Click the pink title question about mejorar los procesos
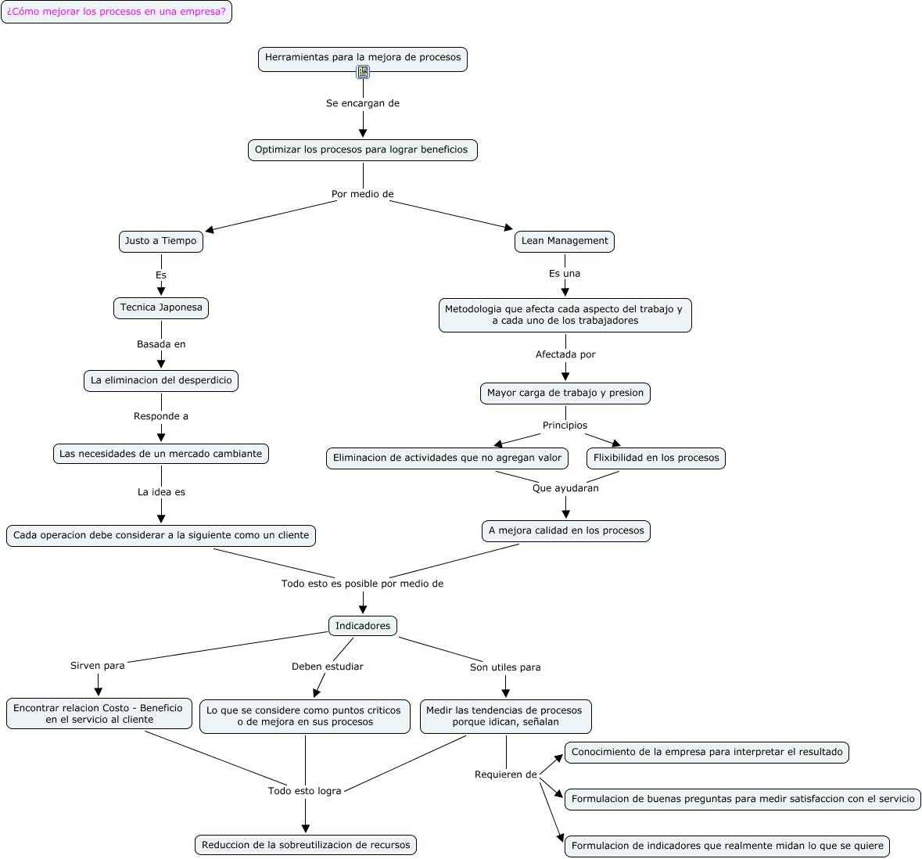(117, 12)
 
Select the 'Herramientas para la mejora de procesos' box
(363, 57)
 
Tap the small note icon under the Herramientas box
(363, 72)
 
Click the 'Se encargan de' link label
(363, 103)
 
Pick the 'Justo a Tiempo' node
(161, 241)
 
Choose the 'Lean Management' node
(565, 241)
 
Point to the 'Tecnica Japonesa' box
(161, 307)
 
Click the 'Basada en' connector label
(161, 344)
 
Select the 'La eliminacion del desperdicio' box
(161, 380)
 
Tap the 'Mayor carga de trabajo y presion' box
(565, 393)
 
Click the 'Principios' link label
(565, 426)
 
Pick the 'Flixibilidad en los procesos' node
(656, 458)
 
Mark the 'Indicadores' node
(363, 626)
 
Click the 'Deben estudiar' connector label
(328, 667)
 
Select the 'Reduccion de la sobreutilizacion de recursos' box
(306, 845)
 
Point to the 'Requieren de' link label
(506, 775)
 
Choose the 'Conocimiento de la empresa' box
(707, 752)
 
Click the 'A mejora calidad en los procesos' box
(566, 530)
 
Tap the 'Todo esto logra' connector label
(305, 791)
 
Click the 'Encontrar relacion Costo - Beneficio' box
(99, 713)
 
